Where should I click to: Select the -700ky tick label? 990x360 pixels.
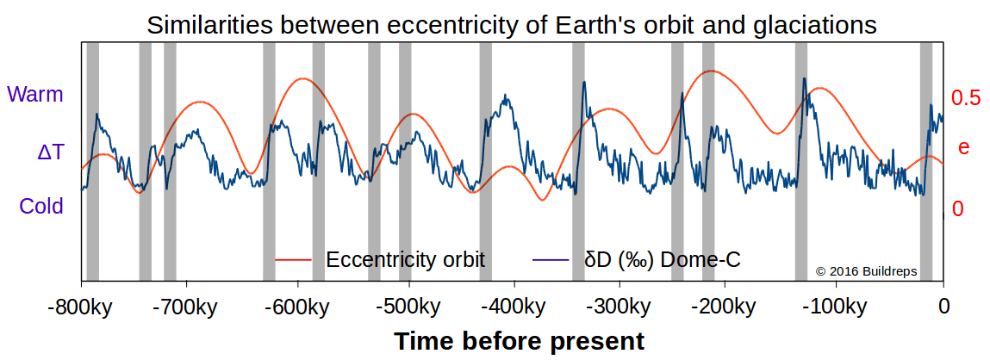pos(189,307)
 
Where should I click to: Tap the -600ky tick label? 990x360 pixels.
pos(297,307)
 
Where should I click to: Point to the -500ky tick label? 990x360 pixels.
pos(405,307)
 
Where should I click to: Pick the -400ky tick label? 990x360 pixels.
pos(513,307)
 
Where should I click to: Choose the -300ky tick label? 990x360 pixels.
pos(620,307)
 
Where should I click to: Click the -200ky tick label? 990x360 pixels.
pos(728,307)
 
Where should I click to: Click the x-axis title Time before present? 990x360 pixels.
pos(520,341)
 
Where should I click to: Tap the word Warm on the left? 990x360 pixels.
pos(35,95)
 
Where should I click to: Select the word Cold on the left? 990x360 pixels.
pos(41,207)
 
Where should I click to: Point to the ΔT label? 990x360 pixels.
pos(50,152)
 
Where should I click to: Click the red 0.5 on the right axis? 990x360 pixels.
pos(966,98)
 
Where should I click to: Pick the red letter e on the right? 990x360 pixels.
pos(963,147)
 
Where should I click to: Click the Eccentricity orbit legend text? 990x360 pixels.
pos(405,258)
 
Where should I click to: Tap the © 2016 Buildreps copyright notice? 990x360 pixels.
pos(866,271)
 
